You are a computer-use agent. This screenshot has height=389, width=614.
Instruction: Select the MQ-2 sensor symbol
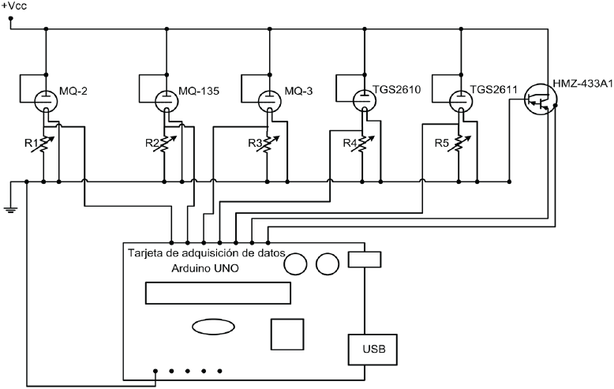[47, 100]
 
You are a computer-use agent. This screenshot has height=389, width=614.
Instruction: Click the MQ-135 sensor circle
[167, 101]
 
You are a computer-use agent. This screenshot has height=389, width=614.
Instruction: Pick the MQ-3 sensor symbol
[268, 101]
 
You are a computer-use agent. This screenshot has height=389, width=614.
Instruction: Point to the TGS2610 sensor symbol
[365, 100]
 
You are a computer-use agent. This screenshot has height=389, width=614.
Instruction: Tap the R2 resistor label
[152, 144]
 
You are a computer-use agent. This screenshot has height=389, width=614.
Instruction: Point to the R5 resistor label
[444, 144]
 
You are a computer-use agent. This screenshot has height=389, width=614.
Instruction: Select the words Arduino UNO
[206, 268]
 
